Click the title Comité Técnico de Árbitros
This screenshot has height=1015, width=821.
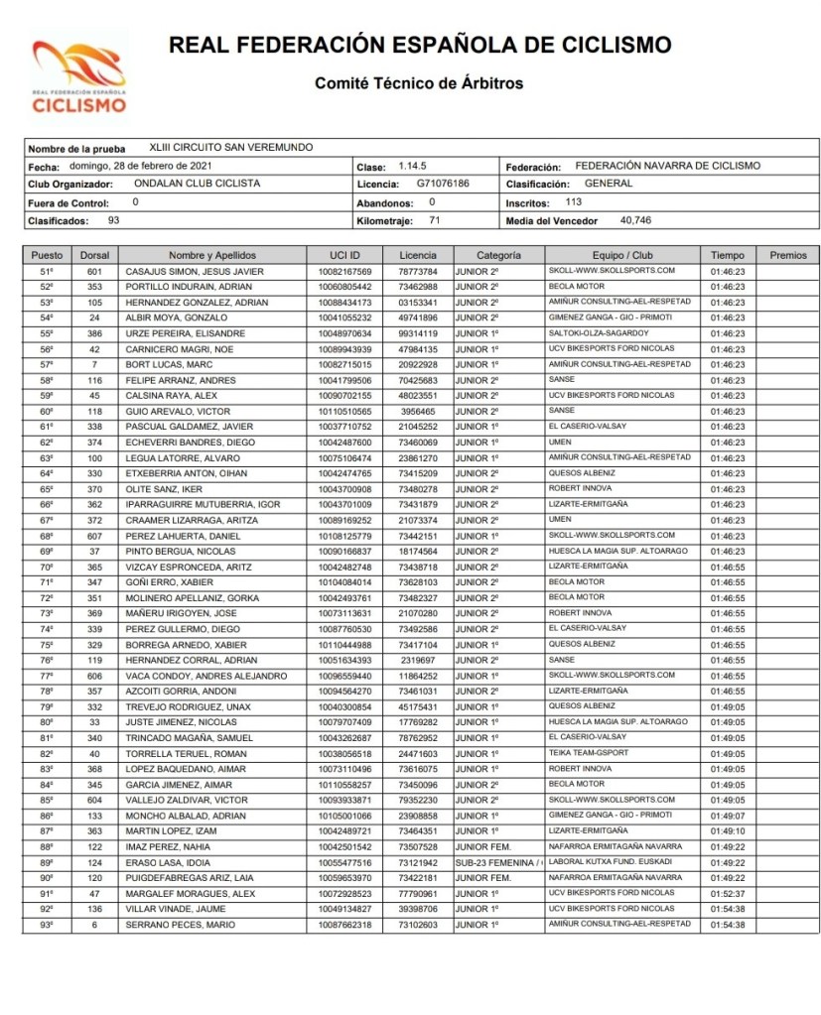419,83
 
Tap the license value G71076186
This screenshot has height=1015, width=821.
443,184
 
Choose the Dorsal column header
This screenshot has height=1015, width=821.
95,255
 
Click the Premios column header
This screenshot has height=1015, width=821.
788,255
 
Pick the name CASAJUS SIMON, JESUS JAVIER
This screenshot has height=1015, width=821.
194,271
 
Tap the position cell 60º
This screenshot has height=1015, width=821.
47,411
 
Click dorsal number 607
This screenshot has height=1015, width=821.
95,535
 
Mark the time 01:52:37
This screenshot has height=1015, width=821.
728,893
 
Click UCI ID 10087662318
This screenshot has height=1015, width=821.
344,925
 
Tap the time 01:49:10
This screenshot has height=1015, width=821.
728,830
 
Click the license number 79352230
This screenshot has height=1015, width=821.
418,800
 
